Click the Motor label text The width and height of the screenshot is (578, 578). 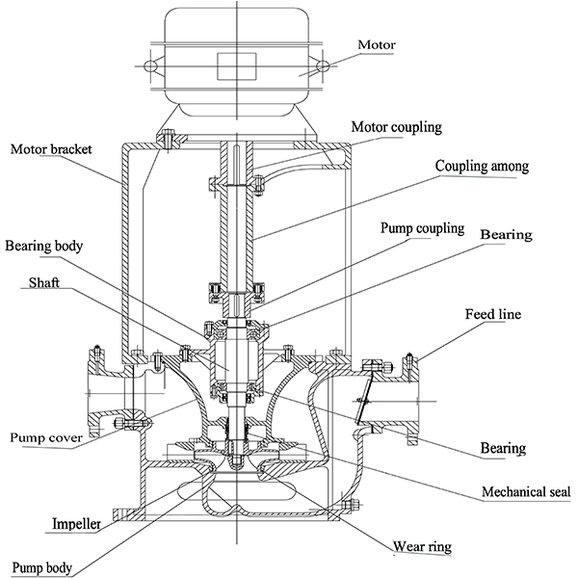377,44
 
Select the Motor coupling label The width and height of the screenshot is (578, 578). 396,126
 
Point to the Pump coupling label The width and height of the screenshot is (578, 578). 421,229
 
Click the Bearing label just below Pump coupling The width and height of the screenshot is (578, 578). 507,234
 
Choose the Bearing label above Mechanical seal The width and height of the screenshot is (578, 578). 504,448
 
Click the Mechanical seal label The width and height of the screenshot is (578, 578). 526,491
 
